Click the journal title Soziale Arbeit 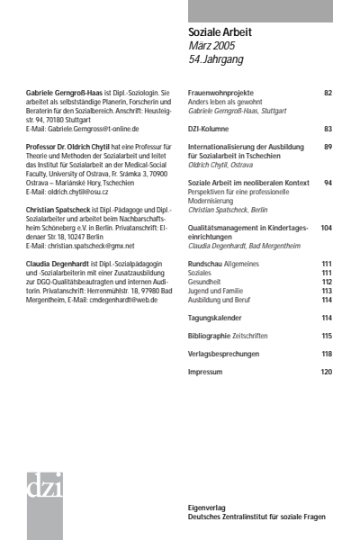(x=220, y=32)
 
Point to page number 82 (x=328, y=93)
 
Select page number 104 (x=326, y=229)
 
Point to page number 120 (x=326, y=372)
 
